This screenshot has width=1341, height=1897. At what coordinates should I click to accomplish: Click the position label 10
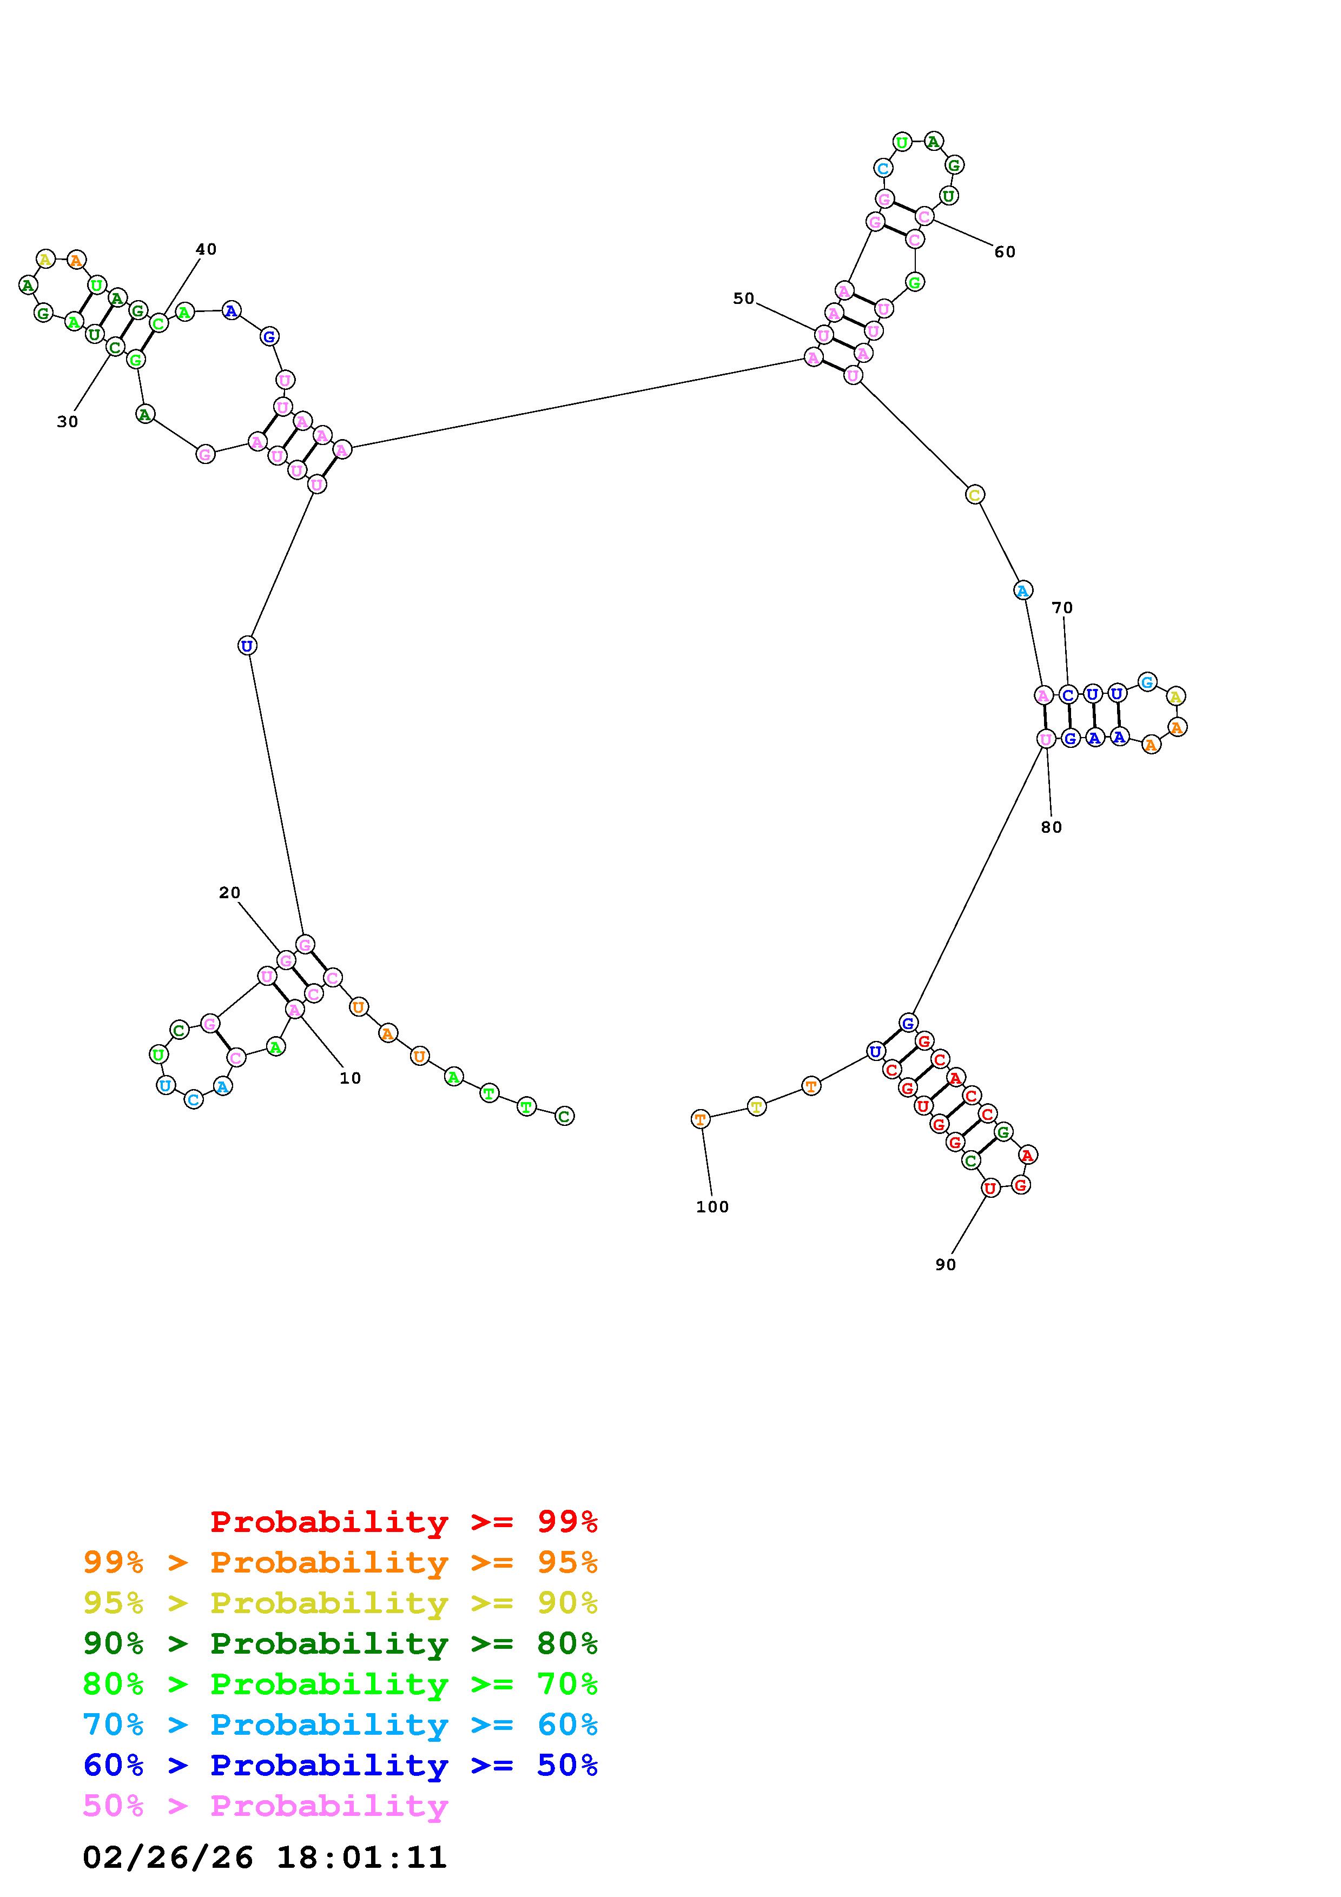coord(351,1078)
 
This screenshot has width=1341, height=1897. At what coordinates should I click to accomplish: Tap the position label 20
coord(230,893)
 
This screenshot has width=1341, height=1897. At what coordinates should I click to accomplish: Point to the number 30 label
coord(68,422)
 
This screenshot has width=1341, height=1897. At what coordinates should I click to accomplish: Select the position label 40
coord(206,249)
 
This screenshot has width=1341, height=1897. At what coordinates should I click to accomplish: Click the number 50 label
coord(744,299)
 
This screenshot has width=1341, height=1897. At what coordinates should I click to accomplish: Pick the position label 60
coord(1005,252)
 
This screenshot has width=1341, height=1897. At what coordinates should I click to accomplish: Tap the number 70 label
coord(1062,608)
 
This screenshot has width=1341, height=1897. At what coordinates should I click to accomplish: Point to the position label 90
coord(945,1265)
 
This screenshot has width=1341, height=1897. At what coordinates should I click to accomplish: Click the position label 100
coord(712,1207)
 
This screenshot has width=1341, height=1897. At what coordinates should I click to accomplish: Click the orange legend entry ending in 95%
coord(340,1562)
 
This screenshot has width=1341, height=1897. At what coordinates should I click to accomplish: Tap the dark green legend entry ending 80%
coord(340,1643)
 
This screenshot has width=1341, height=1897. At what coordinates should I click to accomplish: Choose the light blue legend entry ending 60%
coord(340,1724)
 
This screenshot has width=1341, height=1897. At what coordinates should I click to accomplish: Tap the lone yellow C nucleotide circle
coord(975,495)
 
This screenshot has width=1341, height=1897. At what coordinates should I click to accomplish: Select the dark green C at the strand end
coord(564,1116)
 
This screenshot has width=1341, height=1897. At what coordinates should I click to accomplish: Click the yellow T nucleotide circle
coord(757,1106)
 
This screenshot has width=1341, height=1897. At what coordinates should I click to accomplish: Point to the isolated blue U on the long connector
coord(246,645)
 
